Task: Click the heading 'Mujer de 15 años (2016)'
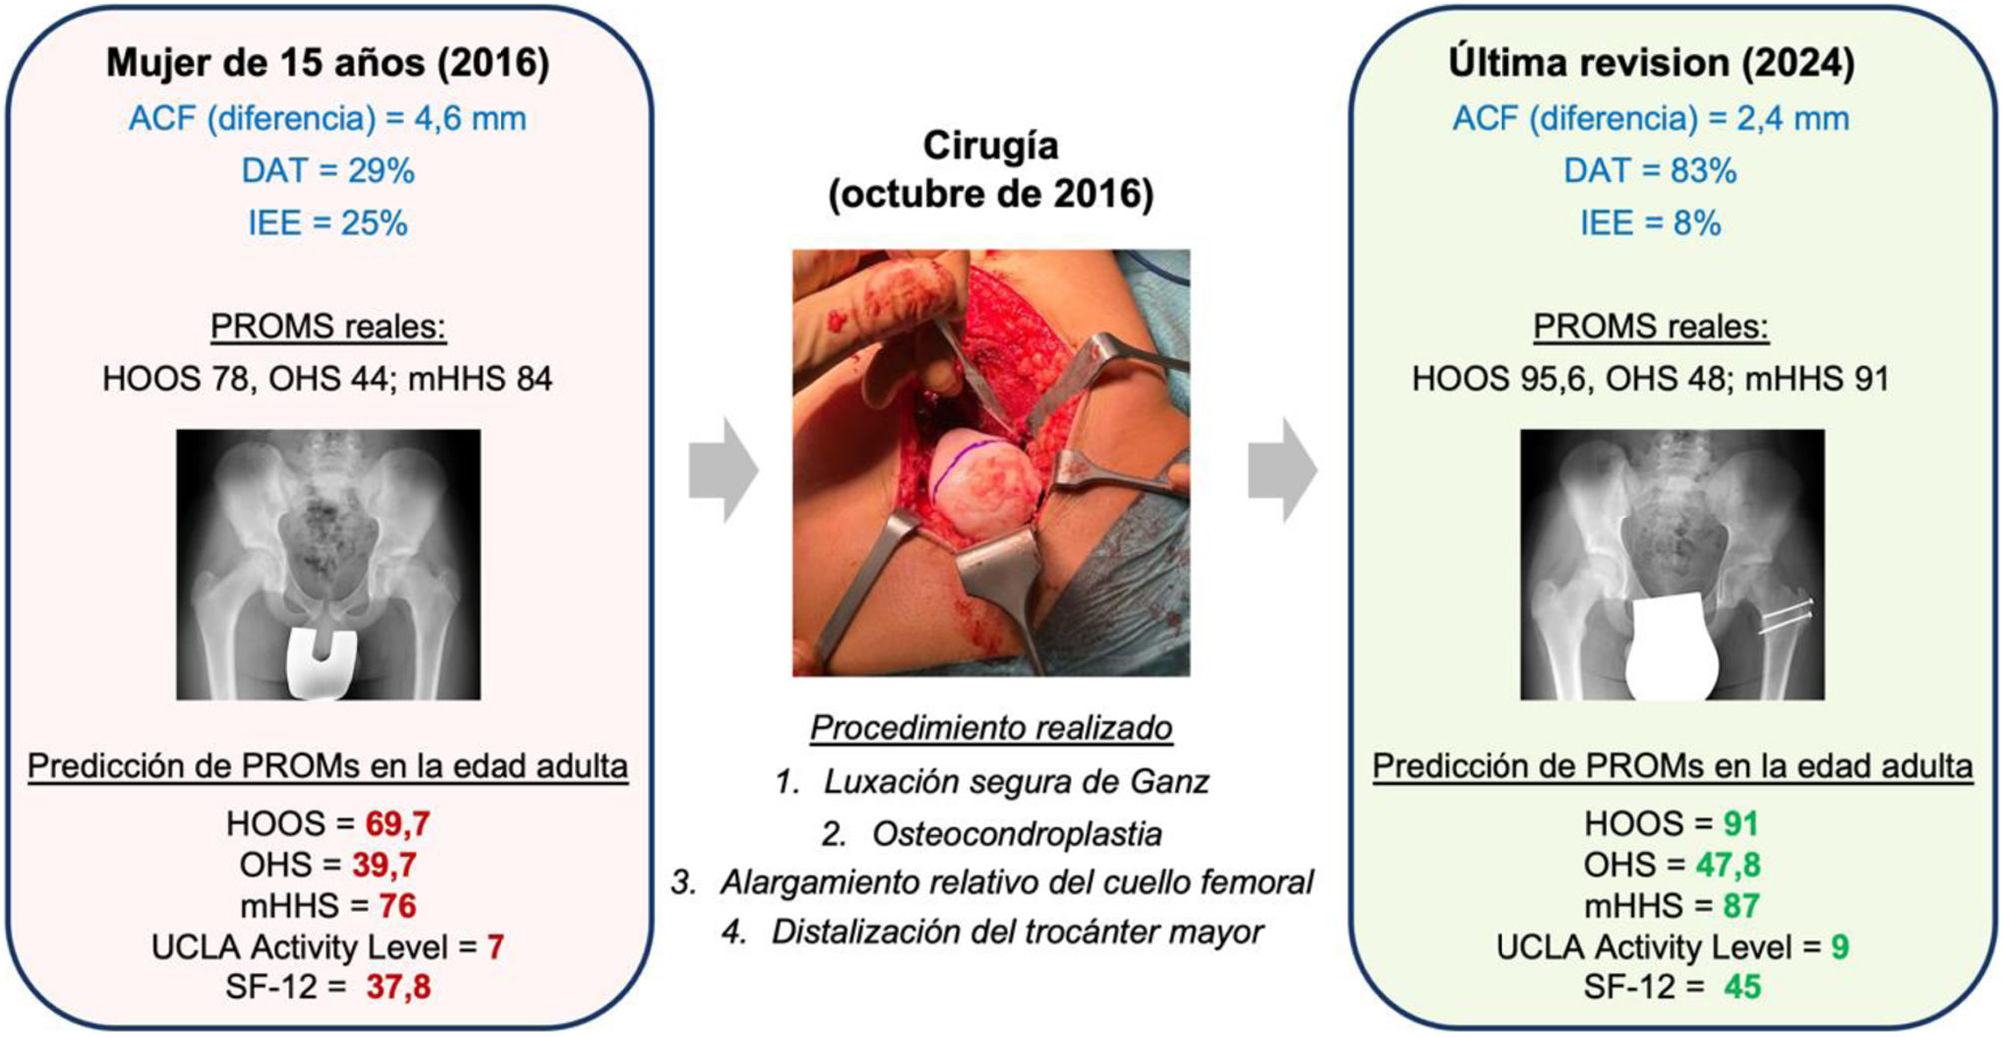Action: coord(328,63)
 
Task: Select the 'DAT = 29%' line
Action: coord(328,171)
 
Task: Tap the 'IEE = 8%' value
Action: coord(1650,223)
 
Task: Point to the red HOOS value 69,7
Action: coord(397,824)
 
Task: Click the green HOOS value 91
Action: coord(1740,824)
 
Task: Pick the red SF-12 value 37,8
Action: coord(398,987)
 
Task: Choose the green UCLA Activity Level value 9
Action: coord(1839,946)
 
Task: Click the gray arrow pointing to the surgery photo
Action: coord(724,471)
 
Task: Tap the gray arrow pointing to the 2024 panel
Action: coord(1282,471)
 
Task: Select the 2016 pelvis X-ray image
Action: coord(328,563)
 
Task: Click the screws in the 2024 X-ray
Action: coord(1786,617)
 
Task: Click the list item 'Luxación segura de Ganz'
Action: coord(1016,781)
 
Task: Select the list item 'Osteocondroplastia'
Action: coord(1016,834)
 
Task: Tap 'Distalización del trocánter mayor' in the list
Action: coord(1016,932)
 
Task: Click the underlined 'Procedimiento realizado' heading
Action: coord(991,728)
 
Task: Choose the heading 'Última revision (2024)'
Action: coord(1650,63)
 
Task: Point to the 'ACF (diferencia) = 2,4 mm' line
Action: coord(1650,118)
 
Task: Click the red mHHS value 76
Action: coord(397,906)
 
